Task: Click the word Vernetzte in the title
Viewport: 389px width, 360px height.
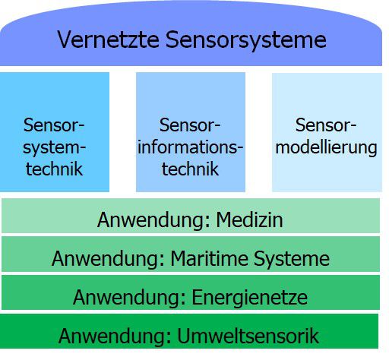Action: [108, 39]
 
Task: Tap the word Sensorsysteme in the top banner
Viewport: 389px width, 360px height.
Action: [246, 40]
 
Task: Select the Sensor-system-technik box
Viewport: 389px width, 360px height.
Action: [55, 132]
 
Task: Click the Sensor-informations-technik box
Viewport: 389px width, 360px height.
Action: [191, 132]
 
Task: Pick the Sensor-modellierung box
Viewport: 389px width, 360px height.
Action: [327, 132]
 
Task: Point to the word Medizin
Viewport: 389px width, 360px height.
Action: [249, 219]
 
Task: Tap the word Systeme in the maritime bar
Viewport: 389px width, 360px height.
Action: [292, 259]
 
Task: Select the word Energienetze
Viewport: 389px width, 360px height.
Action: [249, 298]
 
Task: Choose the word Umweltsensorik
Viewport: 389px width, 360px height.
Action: [248, 336]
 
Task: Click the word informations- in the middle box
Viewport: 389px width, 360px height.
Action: [190, 147]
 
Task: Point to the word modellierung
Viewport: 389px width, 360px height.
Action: [326, 148]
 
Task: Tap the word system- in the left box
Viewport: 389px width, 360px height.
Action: [54, 148]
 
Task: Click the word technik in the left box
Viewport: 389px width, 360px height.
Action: [54, 169]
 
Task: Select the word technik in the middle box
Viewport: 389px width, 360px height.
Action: [190, 169]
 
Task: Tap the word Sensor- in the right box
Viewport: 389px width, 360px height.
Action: [326, 125]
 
